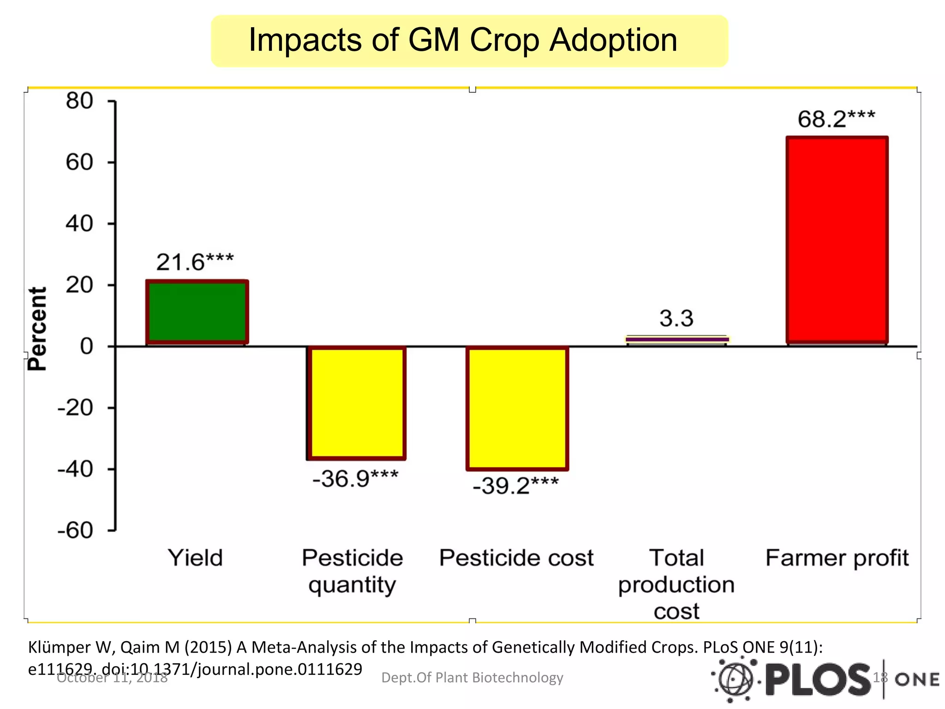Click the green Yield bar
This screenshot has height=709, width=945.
coord(197,312)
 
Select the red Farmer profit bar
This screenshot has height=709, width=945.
coord(837,240)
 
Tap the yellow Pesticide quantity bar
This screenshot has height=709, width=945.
coord(356,403)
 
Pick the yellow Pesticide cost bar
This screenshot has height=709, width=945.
coord(517,408)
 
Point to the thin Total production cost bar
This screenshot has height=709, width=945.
coord(677,339)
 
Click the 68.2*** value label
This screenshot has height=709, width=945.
coord(836,119)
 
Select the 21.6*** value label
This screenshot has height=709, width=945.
coord(195,262)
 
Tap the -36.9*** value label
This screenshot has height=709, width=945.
coord(355,479)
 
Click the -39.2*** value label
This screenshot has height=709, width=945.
coord(515,486)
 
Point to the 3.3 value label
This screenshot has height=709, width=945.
coord(676,318)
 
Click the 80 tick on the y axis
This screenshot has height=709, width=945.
coord(79,101)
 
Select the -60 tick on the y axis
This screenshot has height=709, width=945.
coord(75,531)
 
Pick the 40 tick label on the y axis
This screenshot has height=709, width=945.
coord(79,224)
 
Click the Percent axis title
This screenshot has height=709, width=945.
coord(37,329)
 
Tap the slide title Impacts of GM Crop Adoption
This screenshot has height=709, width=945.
coord(463,40)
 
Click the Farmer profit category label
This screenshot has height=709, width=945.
coord(837,558)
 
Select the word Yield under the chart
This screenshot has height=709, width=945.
coord(195,558)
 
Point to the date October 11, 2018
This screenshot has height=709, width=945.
coord(112,678)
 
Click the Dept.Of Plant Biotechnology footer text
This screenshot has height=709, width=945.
coord(472,678)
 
